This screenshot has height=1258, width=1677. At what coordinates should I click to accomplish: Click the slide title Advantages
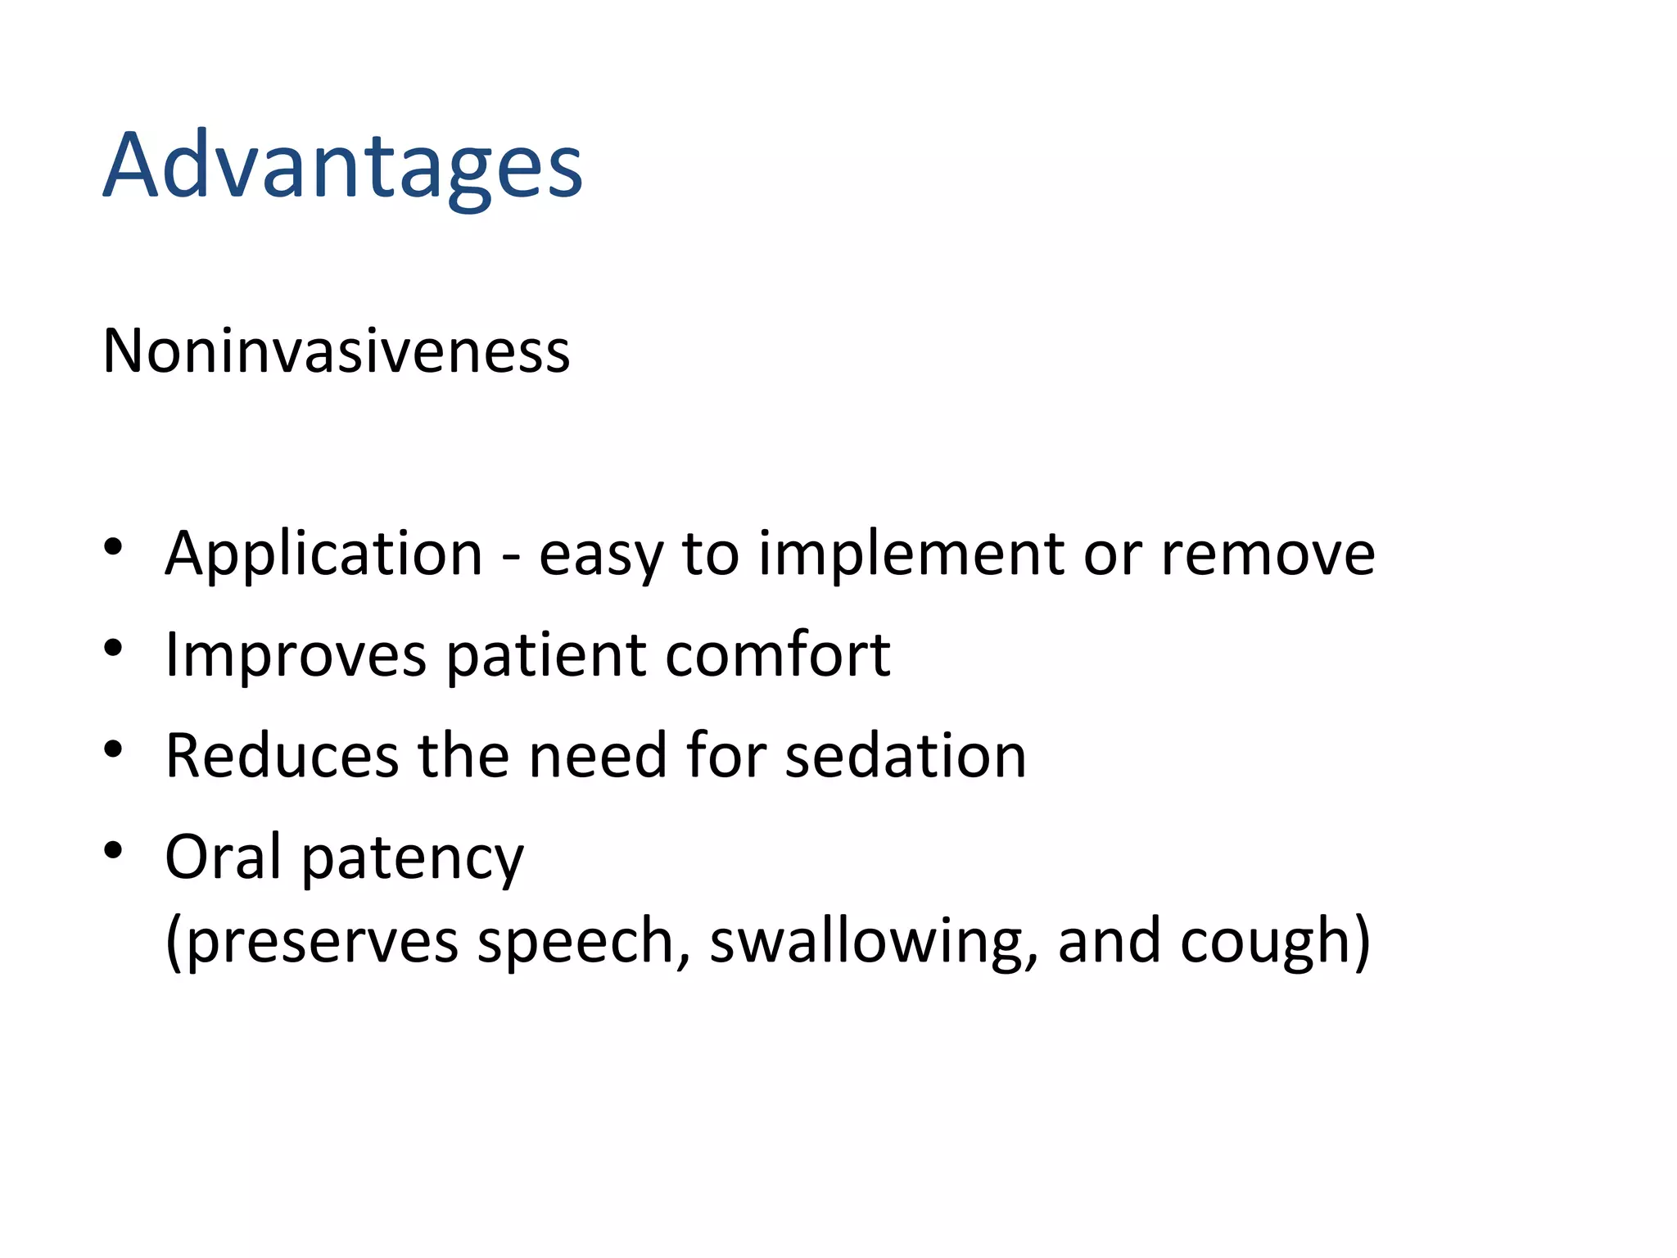pos(342,166)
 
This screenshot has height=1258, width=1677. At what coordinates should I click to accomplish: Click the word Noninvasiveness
pos(336,351)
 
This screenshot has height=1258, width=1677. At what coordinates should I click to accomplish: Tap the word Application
pos(323,554)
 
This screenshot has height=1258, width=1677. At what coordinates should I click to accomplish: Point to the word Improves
pos(296,655)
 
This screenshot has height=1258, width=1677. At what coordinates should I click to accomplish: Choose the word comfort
pos(777,655)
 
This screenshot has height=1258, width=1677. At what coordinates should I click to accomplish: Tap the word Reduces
pos(282,755)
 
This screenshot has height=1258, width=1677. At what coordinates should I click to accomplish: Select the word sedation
pos(905,755)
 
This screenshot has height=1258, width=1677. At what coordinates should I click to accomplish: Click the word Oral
pos(223,857)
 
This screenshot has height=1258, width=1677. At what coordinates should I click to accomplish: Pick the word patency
pos(413,860)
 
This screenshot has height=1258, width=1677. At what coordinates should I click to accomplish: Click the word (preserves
pos(311,942)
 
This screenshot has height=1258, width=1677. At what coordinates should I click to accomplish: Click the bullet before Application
pos(113,546)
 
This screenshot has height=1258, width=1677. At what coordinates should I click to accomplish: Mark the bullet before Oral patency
pos(113,850)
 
